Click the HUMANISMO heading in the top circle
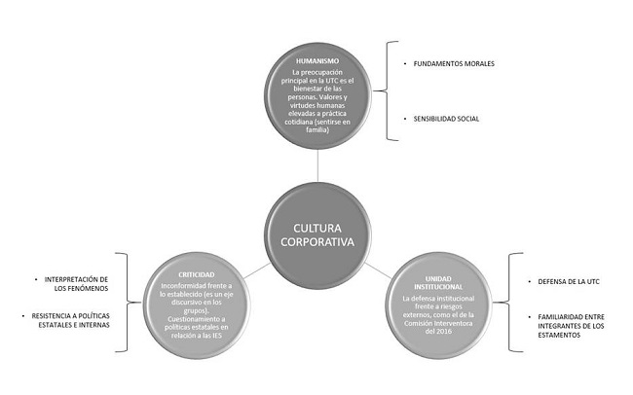(x=319, y=60)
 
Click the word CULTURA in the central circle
(x=310, y=230)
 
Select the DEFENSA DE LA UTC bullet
(x=566, y=281)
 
